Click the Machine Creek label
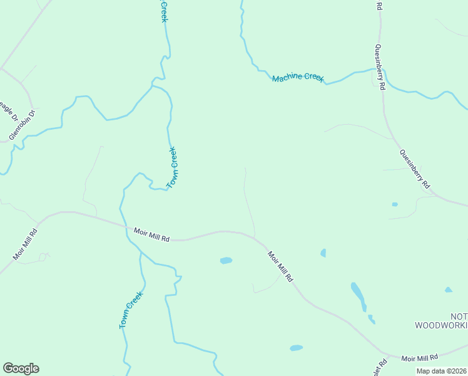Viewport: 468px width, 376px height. point(298,78)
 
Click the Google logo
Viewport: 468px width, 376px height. point(21,368)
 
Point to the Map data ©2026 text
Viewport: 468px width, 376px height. point(442,371)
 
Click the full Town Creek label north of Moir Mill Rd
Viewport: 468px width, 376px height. point(173,167)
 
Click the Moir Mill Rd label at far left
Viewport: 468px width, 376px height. point(25,244)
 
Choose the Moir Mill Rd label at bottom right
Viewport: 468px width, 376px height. point(420,358)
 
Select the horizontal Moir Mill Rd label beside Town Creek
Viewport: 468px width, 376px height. point(152,234)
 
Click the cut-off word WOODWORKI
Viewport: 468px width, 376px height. point(441,325)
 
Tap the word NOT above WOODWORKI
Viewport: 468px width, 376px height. point(459,316)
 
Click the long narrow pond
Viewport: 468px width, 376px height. point(358,296)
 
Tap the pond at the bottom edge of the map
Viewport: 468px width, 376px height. point(296,348)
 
